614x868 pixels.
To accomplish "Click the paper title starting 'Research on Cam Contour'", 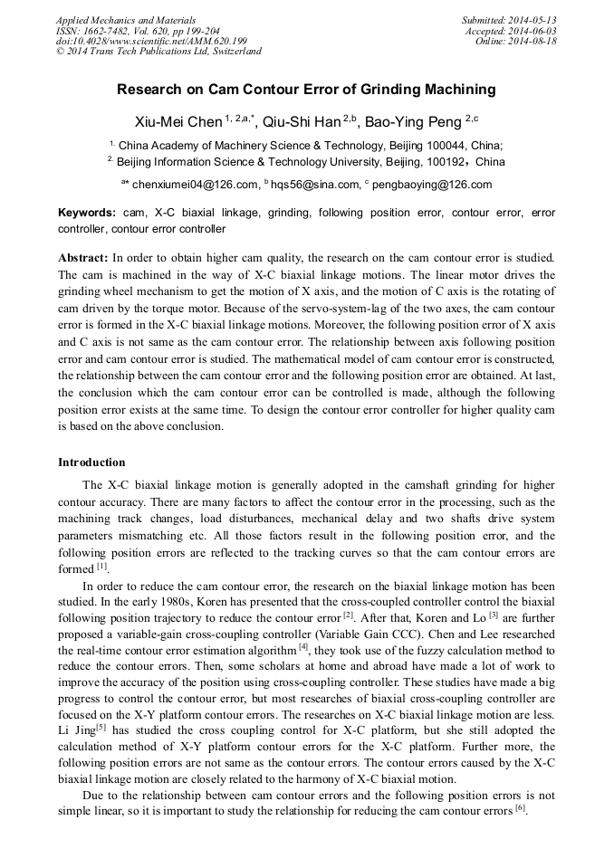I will click(306, 90).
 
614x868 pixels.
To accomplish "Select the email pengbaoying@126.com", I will click(431, 185).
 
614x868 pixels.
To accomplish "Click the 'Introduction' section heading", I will click(91, 463).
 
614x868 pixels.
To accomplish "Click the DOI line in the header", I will click(151, 42).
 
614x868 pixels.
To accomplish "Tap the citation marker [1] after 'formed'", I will click(102, 568).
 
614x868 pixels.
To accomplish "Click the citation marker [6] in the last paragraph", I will click(521, 807).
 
